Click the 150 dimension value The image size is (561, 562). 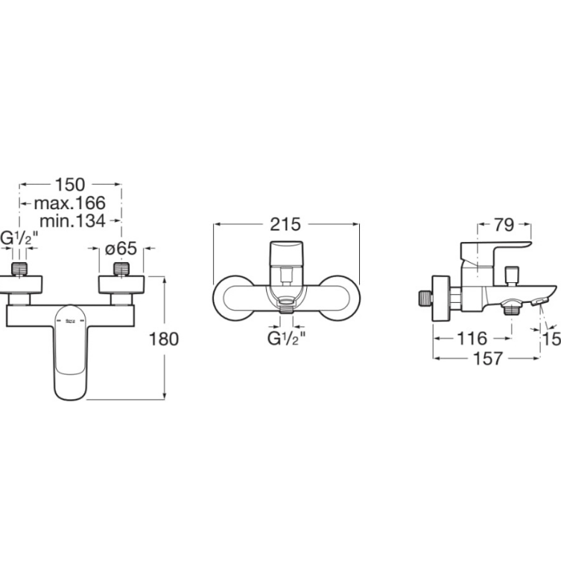pyautogui.click(x=70, y=185)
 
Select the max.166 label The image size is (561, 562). pyautogui.click(x=69, y=203)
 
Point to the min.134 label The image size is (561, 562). pyautogui.click(x=72, y=221)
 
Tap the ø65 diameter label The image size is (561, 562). pyautogui.click(x=121, y=248)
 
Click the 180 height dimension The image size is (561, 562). pyautogui.click(x=164, y=339)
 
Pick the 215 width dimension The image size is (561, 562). pyautogui.click(x=285, y=224)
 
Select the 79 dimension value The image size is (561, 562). pyautogui.click(x=504, y=225)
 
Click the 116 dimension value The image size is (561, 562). pyautogui.click(x=472, y=338)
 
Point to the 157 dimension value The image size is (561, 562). pyautogui.click(x=488, y=358)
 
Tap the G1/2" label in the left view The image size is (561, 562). pyautogui.click(x=19, y=238)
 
